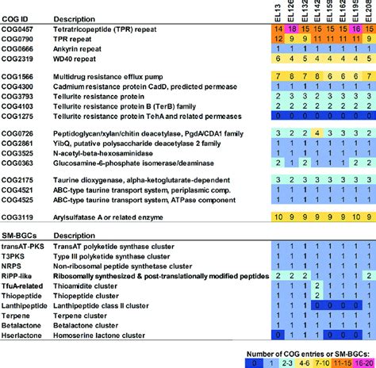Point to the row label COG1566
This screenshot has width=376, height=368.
coord(21,73)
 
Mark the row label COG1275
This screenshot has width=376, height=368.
coord(21,115)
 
